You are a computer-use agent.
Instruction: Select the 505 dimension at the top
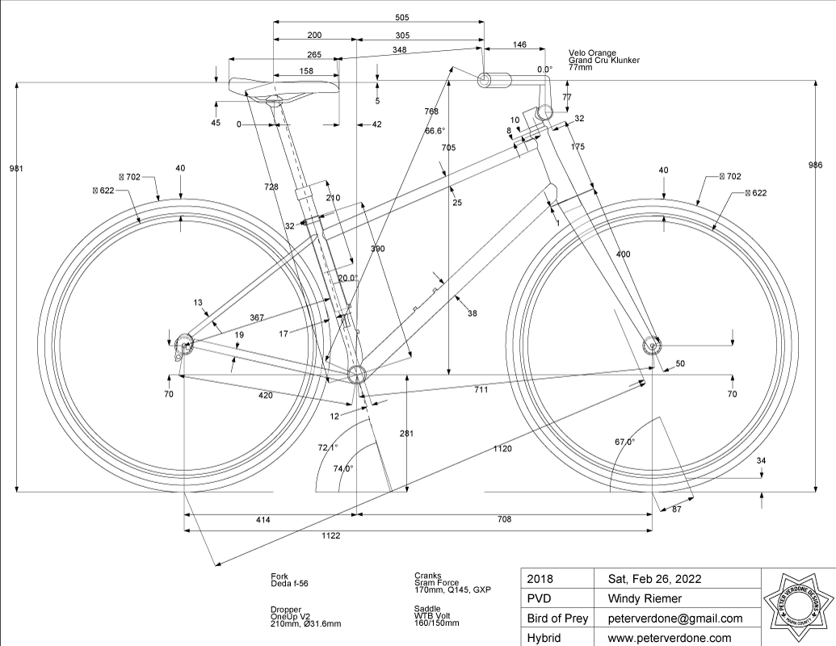point(378,16)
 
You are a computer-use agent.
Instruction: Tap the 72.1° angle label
point(327,447)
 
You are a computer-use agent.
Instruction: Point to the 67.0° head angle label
point(624,443)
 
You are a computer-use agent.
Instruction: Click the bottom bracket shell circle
point(356,373)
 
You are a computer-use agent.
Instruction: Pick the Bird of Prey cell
point(557,619)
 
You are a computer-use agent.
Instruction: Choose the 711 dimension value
point(481,390)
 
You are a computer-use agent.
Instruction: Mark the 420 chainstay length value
point(266,396)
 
